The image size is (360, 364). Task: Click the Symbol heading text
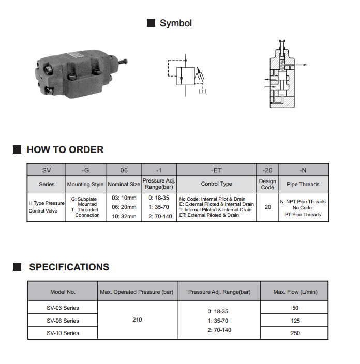pos(175,23)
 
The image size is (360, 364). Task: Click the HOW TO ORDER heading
pos(65,149)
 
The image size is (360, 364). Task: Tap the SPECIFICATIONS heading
pos(69,267)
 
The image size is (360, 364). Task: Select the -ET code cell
pos(216,170)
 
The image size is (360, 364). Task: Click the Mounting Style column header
pos(85,184)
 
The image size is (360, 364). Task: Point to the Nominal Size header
pos(124,184)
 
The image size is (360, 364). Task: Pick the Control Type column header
pos(216,184)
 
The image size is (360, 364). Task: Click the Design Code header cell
pos(267,184)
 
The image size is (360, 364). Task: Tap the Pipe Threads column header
pos(303,184)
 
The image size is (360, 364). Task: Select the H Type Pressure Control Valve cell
pos(46,207)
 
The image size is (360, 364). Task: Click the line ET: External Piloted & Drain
pos(209,215)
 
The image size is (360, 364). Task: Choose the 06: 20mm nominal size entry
pos(124,207)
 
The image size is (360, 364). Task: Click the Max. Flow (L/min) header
pos(295,292)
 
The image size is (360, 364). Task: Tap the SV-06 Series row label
pos(63,321)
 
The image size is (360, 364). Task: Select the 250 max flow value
pos(295,333)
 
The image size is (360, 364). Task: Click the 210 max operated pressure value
pos(137,320)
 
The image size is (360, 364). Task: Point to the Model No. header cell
pos(63,292)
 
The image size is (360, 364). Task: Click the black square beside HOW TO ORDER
pos(17,149)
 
